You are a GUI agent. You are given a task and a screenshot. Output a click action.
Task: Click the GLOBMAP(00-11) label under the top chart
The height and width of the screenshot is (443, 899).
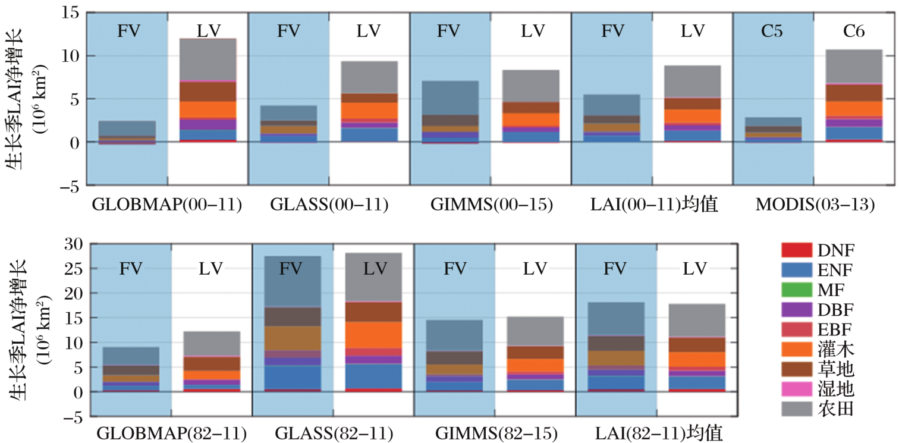coord(166,205)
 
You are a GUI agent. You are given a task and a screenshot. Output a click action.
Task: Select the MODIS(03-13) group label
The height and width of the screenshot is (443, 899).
coord(815,205)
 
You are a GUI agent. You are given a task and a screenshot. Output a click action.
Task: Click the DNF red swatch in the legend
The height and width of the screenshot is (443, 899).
coord(796,250)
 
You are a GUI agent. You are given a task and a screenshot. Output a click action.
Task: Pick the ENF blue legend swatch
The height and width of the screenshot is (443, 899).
coord(796,271)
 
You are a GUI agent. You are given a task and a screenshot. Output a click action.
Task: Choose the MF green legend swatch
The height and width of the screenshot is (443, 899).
coord(796,290)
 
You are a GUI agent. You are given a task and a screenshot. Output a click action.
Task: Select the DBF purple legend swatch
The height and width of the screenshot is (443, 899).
coord(796,310)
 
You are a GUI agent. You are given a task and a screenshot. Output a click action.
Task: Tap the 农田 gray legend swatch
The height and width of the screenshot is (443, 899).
coord(796,409)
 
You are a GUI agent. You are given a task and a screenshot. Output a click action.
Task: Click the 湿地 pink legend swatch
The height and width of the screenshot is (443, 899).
coord(796,389)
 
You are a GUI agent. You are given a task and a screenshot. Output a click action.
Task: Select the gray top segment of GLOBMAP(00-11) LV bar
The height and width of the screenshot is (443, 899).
coord(208,59)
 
